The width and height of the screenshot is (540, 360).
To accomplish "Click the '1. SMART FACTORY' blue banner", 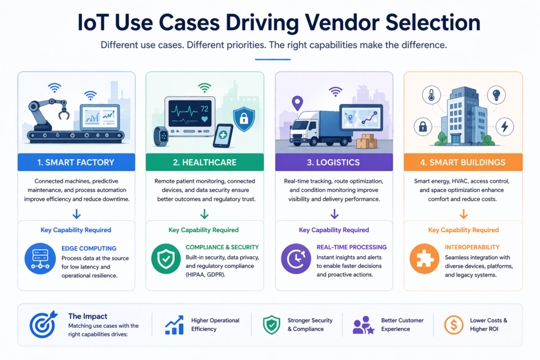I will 76,162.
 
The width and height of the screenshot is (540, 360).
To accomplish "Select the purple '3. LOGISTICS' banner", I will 334,162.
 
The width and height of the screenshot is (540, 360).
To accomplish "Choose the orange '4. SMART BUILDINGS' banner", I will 463,162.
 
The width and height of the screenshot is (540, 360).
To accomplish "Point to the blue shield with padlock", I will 244,117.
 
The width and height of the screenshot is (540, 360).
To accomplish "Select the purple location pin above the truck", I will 298,101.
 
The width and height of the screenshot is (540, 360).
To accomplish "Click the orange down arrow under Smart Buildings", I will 463,214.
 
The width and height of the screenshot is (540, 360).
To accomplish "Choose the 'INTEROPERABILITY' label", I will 472,247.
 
